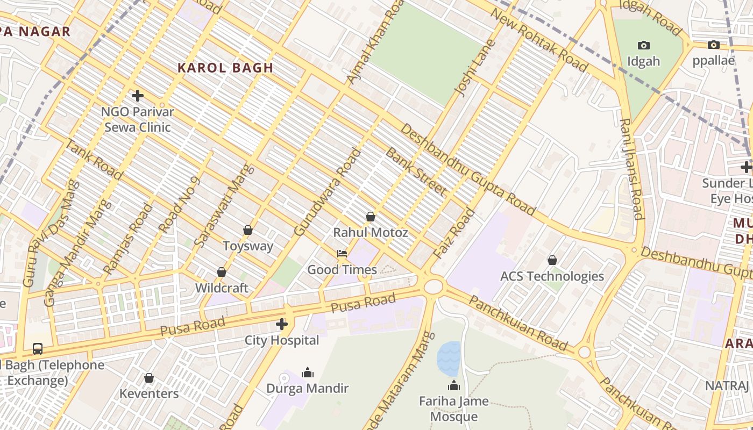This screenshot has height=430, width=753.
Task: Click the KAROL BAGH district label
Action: (x=225, y=68)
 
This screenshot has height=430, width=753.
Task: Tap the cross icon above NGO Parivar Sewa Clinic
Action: (x=138, y=96)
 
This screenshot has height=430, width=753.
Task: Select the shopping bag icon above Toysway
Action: (x=248, y=230)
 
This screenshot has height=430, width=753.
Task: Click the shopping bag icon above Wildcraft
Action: (x=221, y=272)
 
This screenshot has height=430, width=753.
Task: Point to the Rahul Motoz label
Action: (x=371, y=233)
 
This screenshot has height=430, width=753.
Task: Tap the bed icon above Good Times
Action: (x=342, y=253)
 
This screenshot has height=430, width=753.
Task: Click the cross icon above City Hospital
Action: (x=281, y=324)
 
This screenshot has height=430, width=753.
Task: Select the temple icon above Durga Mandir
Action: (x=308, y=372)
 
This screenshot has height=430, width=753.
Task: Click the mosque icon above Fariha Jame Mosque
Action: (x=454, y=385)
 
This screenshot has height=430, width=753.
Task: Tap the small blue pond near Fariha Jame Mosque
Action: (x=449, y=358)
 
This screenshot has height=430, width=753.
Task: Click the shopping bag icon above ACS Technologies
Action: (x=552, y=260)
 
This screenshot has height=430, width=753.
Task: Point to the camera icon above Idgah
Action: (x=643, y=45)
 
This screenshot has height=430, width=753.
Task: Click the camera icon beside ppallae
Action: (x=714, y=45)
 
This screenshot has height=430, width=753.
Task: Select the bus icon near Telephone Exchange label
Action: (x=38, y=348)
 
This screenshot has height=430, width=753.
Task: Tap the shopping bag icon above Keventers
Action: (x=149, y=378)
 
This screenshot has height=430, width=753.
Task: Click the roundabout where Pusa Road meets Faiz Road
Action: (x=433, y=286)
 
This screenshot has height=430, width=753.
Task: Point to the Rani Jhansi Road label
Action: (x=631, y=169)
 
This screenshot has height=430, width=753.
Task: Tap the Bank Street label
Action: (x=416, y=171)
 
